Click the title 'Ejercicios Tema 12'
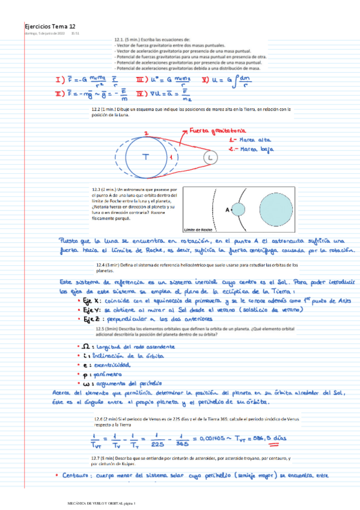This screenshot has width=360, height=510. coord(49,27)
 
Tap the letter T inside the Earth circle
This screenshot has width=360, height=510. coord(145,158)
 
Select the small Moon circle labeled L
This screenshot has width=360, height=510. coord(209,158)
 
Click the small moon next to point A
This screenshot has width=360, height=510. coord(239,210)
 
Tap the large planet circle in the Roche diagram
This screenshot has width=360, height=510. coord(272,209)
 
